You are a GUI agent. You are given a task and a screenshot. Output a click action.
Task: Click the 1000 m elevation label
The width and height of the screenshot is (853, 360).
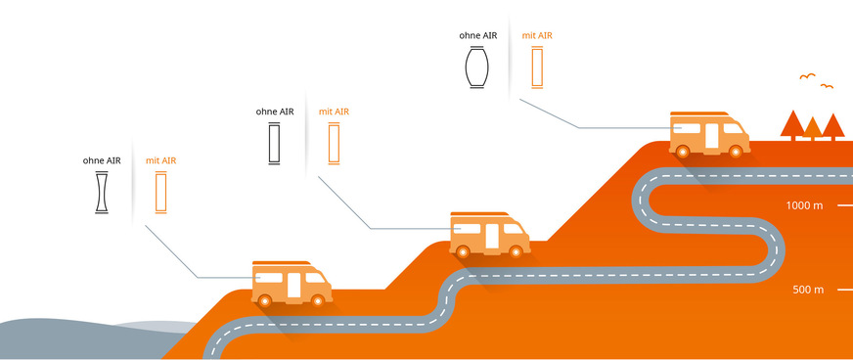coord(805,206)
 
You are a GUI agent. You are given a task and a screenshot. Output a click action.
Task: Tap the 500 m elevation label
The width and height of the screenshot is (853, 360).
coord(808,291)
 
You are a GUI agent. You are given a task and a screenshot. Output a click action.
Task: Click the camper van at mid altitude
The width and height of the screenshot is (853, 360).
coord(488,234)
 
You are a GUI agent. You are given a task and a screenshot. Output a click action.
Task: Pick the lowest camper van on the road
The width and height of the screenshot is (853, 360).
coord(291,284)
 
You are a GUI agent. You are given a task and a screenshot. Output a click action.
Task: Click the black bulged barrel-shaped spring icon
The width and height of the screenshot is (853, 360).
coord(476,67)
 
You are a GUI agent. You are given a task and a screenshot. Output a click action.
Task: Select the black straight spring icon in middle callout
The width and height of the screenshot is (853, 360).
coord(274,146)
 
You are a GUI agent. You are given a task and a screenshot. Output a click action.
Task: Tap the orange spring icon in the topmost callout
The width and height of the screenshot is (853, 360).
coord(536,67)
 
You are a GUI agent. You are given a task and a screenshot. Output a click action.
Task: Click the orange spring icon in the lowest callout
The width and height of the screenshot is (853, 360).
coord(161,193)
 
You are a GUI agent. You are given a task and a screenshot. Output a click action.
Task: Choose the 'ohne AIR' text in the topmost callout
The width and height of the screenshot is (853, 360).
coord(477,35)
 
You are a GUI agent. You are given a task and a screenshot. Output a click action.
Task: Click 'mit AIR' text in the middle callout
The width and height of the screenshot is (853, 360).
coord(334,112)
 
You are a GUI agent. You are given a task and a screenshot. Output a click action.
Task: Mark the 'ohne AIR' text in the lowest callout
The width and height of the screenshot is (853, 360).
coord(102,159)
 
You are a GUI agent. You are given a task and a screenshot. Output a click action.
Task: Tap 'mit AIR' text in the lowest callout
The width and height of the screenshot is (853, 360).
coord(161,159)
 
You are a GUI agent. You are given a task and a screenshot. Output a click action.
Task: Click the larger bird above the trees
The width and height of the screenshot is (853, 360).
coord(807,76)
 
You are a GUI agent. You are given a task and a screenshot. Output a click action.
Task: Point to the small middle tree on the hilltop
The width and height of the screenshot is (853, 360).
coord(812,128)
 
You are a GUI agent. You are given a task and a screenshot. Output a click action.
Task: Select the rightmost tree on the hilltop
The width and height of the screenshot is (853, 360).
coord(832,125)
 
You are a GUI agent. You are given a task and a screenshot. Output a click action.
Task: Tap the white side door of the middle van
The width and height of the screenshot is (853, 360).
coord(491,236)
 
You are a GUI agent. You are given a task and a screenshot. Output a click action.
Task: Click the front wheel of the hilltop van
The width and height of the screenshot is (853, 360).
coord(738,149)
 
